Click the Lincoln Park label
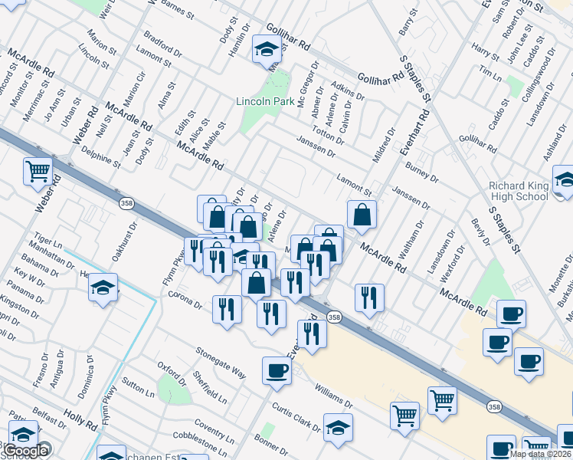265,101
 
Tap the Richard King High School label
519,191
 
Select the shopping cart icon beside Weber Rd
38,172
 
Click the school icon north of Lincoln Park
267,50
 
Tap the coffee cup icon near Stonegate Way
277,371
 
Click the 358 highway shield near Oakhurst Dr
126,203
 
